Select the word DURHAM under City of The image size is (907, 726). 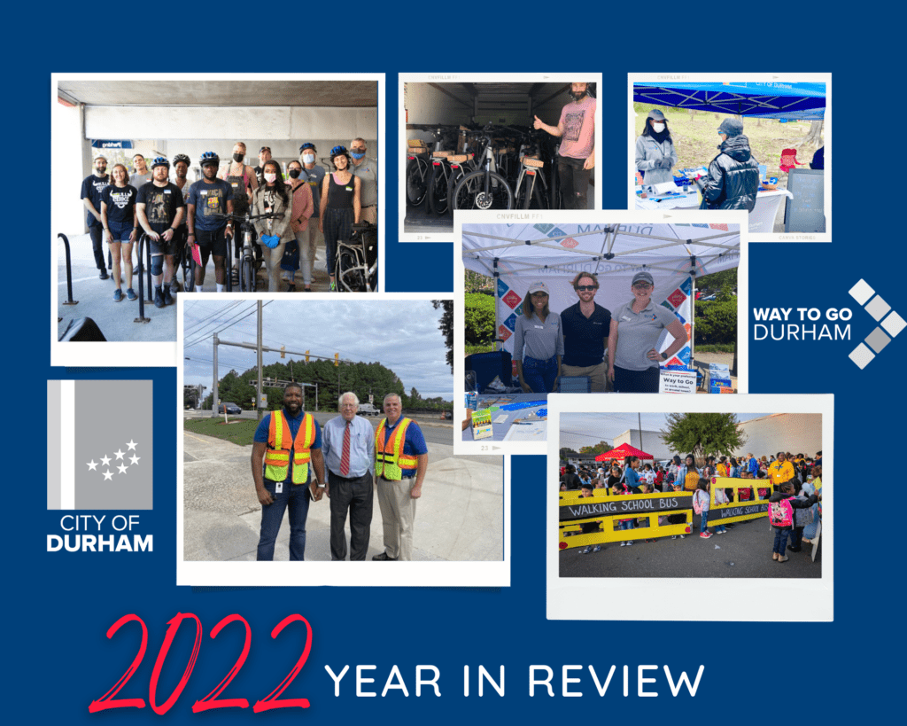click(99, 543)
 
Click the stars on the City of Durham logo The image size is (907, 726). click(113, 459)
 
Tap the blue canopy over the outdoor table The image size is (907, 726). click(728, 97)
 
